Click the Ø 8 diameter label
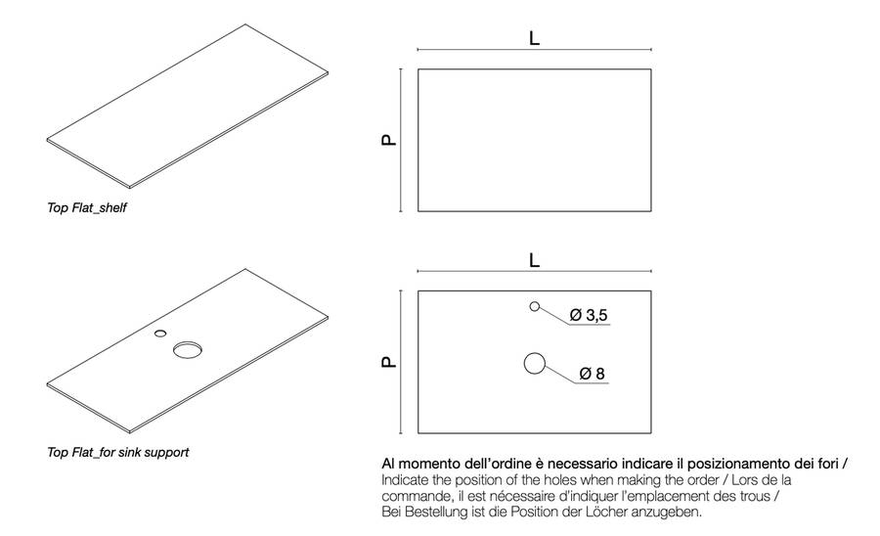point(593,374)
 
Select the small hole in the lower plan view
point(534,306)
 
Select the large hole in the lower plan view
point(534,364)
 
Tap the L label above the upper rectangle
point(534,38)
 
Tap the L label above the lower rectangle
point(534,260)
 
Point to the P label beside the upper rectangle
point(389,140)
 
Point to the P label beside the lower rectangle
point(389,362)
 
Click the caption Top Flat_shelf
point(87,208)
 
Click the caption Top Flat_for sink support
point(117,453)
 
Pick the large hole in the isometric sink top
point(187,350)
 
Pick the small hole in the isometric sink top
point(160,333)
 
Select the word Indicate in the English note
point(406,480)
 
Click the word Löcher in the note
point(615,512)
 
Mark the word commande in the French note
point(416,496)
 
